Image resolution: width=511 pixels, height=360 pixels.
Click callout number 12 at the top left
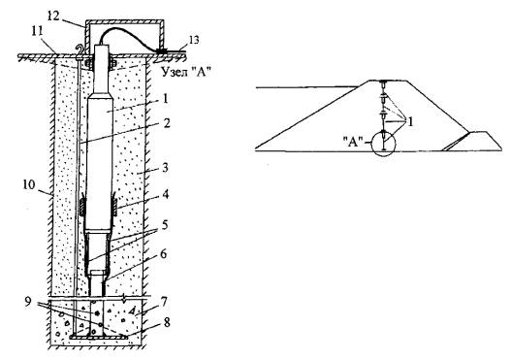[53, 16]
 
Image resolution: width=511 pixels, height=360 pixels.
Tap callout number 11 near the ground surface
[37, 32]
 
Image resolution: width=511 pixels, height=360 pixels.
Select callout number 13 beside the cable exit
[192, 40]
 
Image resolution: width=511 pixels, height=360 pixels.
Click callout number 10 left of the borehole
[29, 185]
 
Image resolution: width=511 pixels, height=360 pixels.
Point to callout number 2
[167, 123]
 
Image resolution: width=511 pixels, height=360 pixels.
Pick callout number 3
[165, 168]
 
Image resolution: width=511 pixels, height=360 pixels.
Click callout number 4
[166, 195]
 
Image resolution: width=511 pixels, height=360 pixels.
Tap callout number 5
[165, 225]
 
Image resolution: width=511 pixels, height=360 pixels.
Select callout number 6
[164, 254]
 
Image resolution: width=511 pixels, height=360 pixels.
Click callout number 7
[164, 302]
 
